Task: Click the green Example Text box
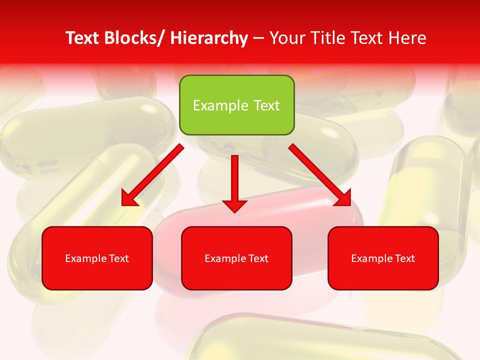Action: tap(236, 105)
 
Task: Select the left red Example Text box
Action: tap(97, 258)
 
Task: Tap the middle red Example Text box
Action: tap(236, 258)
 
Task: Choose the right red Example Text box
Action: tap(383, 258)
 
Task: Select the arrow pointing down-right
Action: tap(318, 173)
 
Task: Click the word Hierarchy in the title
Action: tap(209, 38)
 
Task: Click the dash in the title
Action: tap(258, 38)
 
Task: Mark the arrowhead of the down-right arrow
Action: tap(344, 198)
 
